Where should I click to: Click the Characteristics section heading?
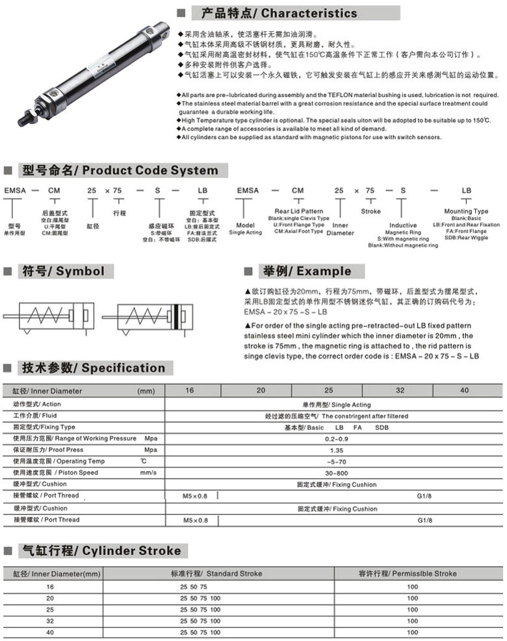279,13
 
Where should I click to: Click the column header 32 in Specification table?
400,390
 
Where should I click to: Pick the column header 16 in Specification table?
189,390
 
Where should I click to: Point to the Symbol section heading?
62,271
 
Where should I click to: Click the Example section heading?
305,271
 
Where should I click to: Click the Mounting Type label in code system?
466,211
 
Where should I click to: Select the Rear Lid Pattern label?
298,211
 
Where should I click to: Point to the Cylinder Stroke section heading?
101,551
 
